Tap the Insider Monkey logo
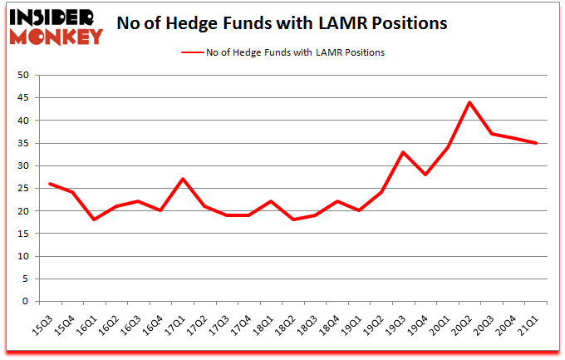(56, 26)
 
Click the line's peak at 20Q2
(469, 102)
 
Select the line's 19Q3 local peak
(402, 152)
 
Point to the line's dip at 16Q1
(94, 219)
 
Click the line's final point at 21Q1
(537, 143)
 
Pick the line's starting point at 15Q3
(50, 184)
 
